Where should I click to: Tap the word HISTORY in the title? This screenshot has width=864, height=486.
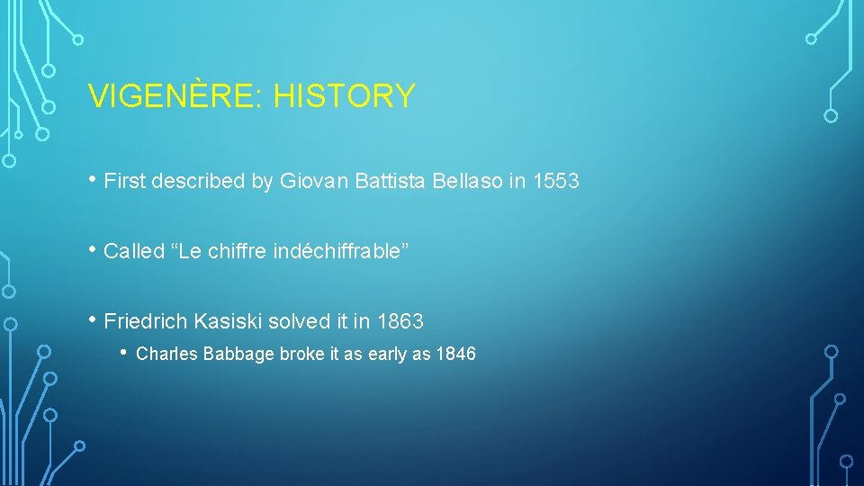[345, 96]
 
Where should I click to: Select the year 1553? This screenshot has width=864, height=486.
[556, 182]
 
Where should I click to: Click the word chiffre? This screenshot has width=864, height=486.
[237, 252]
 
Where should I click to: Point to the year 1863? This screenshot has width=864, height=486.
[400, 321]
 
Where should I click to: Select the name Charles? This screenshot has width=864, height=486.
[166, 355]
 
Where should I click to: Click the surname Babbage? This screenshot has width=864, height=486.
[238, 355]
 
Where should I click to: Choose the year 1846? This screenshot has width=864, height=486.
[455, 355]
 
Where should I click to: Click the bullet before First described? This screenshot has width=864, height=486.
[94, 180]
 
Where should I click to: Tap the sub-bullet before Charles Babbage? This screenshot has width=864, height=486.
[125, 353]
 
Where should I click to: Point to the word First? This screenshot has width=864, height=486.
[124, 182]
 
